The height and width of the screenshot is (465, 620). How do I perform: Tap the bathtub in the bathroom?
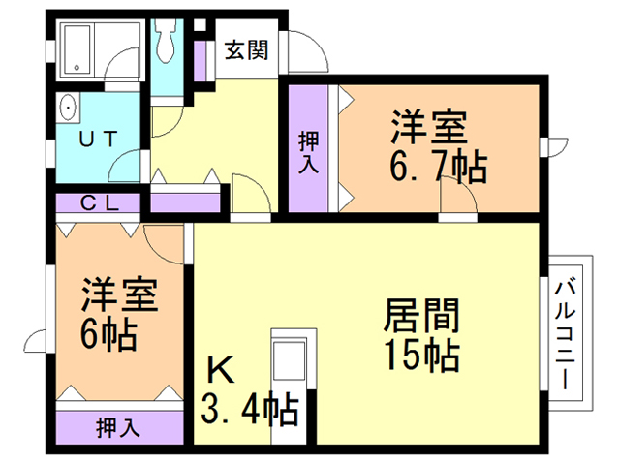click(x=76, y=48)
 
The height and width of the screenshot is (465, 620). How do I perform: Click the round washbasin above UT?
click(x=68, y=108)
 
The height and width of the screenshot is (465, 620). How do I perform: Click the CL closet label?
click(x=100, y=203)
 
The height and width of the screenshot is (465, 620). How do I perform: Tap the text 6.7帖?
click(x=437, y=169)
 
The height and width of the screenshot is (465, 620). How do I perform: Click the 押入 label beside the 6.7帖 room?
click(x=307, y=149)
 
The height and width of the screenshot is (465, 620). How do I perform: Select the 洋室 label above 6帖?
click(x=120, y=293)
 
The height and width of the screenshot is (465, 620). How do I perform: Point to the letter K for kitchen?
click(x=219, y=371)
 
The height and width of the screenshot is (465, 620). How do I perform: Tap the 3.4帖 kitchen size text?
click(x=248, y=411)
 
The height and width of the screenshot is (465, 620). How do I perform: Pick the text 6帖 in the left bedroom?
click(x=108, y=334)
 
